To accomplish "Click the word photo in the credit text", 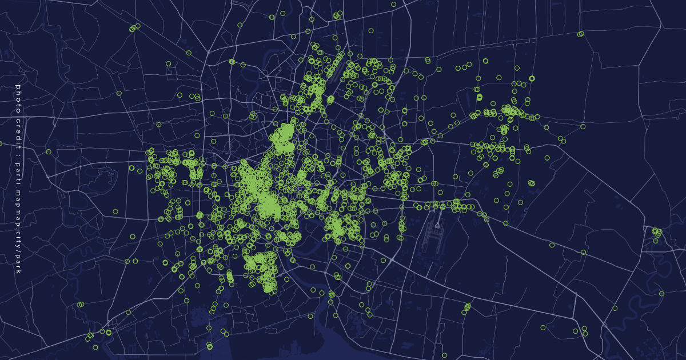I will click(18, 94).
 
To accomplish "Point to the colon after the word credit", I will click(18, 140).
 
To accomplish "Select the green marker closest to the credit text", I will click(49, 152).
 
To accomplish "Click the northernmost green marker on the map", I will click(393, 4).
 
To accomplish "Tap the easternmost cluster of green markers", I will click(657, 233).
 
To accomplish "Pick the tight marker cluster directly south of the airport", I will click(467, 307).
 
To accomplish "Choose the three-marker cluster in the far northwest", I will click(134, 27).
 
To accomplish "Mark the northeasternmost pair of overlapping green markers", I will click(580, 34).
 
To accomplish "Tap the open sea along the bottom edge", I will click(354, 349).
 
